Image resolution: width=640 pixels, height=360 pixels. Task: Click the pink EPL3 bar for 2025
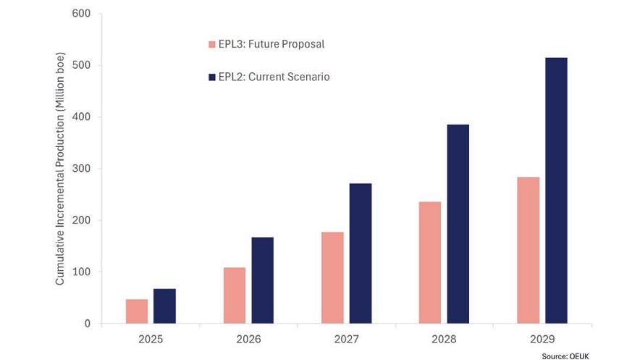pos(137,311)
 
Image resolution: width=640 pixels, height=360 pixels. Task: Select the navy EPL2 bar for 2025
pos(164,306)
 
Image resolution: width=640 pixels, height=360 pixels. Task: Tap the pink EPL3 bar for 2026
pos(235,296)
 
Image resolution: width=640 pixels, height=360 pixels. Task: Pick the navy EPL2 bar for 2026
pos(262,280)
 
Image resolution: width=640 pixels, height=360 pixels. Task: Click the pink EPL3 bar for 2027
pos(332,277)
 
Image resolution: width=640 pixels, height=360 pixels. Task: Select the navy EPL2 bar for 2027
pos(360,254)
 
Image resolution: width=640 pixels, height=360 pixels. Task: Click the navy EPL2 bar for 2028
pos(458,224)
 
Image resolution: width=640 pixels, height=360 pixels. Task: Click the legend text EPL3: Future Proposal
pos(271,44)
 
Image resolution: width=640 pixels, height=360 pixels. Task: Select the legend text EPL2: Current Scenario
pos(274,76)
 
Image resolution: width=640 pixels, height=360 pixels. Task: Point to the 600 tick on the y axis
pos(82,14)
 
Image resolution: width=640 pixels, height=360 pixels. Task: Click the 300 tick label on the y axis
pos(82,169)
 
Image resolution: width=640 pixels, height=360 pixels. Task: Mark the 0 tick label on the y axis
pos(88,324)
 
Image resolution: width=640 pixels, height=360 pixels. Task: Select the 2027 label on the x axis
pos(346,338)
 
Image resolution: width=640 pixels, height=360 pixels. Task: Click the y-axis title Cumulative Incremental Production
pos(61,168)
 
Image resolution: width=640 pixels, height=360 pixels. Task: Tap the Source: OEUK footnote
pos(565,356)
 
